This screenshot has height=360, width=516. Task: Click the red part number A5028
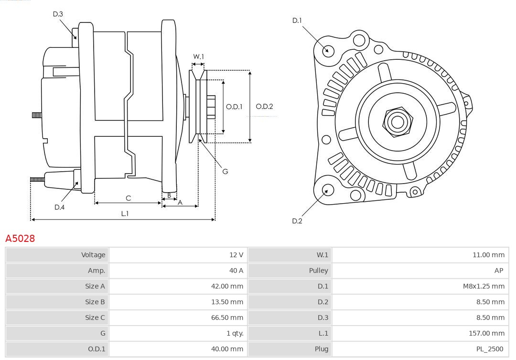click(20, 238)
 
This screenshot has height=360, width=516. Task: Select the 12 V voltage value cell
click(236, 255)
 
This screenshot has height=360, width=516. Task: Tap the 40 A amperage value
click(236, 271)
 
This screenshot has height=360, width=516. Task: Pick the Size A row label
click(95, 286)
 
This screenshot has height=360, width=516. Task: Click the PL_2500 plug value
click(489, 349)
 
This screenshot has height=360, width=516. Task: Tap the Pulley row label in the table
click(318, 271)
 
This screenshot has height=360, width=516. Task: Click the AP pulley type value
click(498, 271)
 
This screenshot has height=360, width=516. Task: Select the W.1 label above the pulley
click(198, 56)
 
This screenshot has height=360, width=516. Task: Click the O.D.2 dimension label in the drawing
click(264, 107)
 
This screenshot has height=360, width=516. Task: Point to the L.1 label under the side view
click(125, 214)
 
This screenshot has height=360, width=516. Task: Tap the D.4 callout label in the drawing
click(59, 207)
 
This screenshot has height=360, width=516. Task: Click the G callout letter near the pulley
click(225, 171)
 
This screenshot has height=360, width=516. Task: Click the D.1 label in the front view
click(297, 21)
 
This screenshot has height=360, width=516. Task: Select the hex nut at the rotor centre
click(397, 122)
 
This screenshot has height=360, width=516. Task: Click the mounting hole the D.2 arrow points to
click(327, 190)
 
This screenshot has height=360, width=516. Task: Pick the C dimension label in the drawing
click(128, 198)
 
